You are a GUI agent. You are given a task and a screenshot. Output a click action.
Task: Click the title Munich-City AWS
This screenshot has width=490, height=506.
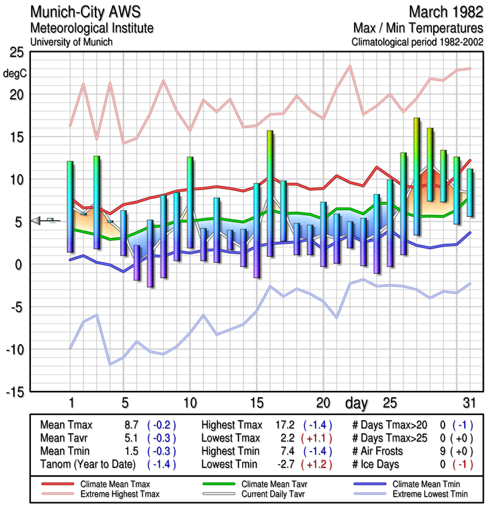85,12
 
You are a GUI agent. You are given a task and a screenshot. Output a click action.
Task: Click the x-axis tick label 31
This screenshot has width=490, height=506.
468,403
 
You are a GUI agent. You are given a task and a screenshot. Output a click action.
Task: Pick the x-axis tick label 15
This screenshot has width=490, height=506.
256,403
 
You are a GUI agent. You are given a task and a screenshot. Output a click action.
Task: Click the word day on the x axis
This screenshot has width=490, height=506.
358,403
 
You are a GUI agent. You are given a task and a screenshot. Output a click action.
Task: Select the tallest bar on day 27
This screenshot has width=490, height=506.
417,176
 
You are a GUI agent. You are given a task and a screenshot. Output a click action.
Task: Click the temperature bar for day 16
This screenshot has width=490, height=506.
270,193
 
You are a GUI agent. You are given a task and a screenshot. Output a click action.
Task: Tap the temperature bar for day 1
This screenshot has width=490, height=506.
70,207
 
